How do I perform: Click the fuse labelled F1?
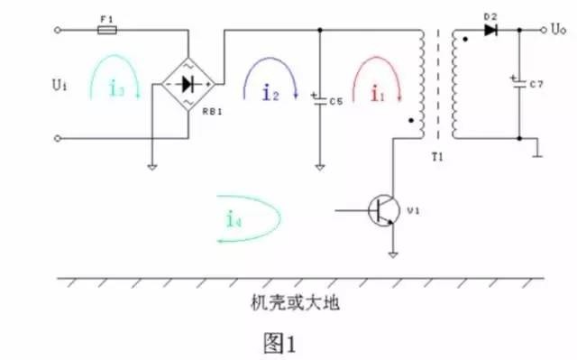tap(105, 30)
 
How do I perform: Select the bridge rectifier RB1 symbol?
tap(188, 85)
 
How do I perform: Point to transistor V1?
tap(384, 209)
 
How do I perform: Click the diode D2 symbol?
tap(490, 30)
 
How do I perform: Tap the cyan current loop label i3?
tap(114, 88)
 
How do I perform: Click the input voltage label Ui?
tap(60, 85)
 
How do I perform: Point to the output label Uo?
tap(560, 29)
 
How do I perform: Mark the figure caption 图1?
tap(279, 343)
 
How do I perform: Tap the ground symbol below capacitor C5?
tap(320, 166)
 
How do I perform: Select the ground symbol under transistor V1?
tap(393, 255)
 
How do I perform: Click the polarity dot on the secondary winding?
tap(463, 41)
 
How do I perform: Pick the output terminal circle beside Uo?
tap(543, 30)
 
